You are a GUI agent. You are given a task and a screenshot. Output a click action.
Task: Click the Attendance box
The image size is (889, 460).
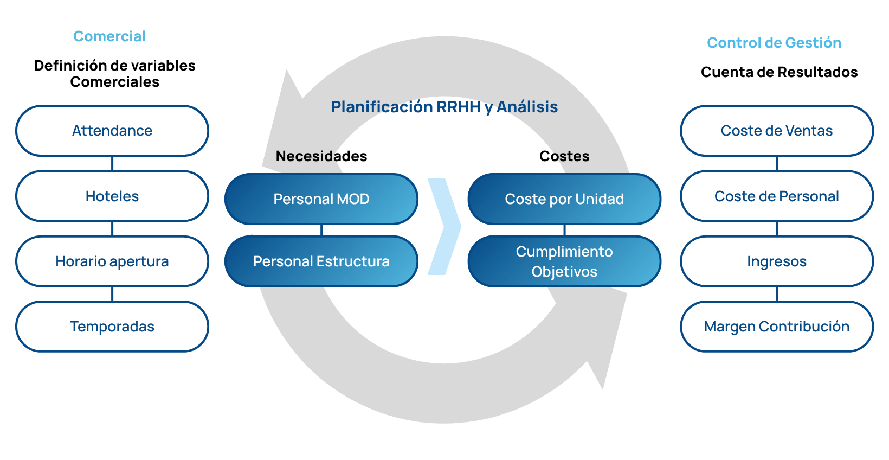[x=112, y=131]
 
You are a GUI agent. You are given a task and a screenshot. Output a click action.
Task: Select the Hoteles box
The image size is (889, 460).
[x=112, y=196]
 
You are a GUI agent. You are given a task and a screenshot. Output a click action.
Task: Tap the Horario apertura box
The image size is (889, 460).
[x=112, y=261]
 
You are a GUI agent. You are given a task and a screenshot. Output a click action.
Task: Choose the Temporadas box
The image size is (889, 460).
[x=112, y=327]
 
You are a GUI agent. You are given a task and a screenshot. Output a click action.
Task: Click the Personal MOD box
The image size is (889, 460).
[x=321, y=199]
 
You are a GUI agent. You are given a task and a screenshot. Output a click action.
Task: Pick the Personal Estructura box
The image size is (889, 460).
[x=321, y=261]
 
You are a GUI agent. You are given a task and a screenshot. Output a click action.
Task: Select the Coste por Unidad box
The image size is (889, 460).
[x=564, y=199]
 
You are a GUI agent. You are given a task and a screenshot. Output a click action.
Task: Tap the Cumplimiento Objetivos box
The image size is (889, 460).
[x=564, y=261]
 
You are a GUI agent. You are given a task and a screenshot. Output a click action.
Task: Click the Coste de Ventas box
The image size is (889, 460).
[x=777, y=131]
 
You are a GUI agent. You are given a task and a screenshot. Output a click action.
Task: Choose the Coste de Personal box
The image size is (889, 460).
[x=777, y=196]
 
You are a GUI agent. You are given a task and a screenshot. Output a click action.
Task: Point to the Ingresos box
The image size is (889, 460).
[x=777, y=261]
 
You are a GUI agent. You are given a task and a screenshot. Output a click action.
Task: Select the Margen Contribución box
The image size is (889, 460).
[x=777, y=327]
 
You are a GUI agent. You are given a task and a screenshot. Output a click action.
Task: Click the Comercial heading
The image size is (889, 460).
[x=109, y=36]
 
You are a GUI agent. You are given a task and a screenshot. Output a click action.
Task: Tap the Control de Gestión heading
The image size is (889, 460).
[x=774, y=43]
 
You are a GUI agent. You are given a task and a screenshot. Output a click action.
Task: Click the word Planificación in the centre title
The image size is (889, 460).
[x=382, y=107]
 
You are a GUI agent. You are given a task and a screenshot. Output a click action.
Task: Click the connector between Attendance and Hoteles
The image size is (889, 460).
[x=112, y=163]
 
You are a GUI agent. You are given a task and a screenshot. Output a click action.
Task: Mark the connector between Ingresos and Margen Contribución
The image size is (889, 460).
[x=777, y=294]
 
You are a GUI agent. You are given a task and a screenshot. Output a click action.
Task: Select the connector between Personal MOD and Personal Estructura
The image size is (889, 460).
[x=321, y=230]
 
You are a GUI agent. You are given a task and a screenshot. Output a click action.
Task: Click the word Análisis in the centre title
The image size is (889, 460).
[x=527, y=107]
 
